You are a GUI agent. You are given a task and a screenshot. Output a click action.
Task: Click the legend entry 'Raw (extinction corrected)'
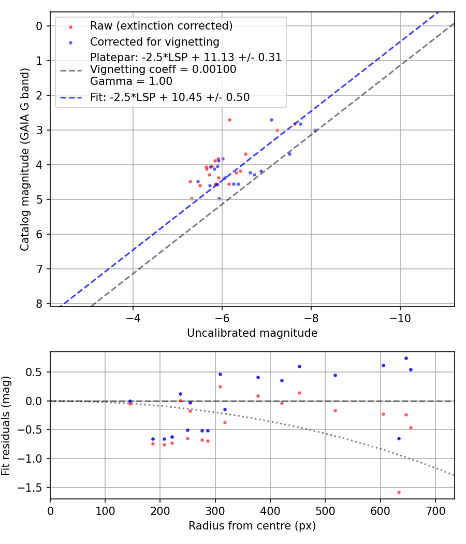click(x=161, y=26)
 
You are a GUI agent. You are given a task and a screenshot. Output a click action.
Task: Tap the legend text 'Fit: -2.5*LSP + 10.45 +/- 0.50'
click(x=170, y=97)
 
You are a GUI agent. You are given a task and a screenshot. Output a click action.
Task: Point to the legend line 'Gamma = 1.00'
click(x=131, y=81)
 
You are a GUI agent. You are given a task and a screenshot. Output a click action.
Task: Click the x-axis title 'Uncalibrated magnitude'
click(x=252, y=333)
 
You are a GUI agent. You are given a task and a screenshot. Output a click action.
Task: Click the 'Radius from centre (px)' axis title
click(x=252, y=526)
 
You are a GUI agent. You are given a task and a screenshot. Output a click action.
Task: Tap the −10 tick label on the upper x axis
click(x=400, y=317)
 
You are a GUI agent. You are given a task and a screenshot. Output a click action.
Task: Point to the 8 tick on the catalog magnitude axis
click(x=40, y=304)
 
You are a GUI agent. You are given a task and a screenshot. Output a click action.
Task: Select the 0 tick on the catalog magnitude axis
click(x=40, y=26)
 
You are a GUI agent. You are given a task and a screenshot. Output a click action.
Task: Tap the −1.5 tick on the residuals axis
click(x=34, y=488)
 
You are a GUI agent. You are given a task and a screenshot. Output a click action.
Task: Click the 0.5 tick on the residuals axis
click(x=36, y=372)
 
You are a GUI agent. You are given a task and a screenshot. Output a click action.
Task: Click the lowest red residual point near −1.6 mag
click(x=399, y=492)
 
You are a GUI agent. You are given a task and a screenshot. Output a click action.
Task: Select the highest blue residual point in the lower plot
click(x=406, y=358)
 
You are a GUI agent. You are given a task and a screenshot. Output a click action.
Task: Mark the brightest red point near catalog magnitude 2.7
click(x=229, y=120)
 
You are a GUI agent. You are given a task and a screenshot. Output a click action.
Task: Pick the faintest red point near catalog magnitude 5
click(x=192, y=198)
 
